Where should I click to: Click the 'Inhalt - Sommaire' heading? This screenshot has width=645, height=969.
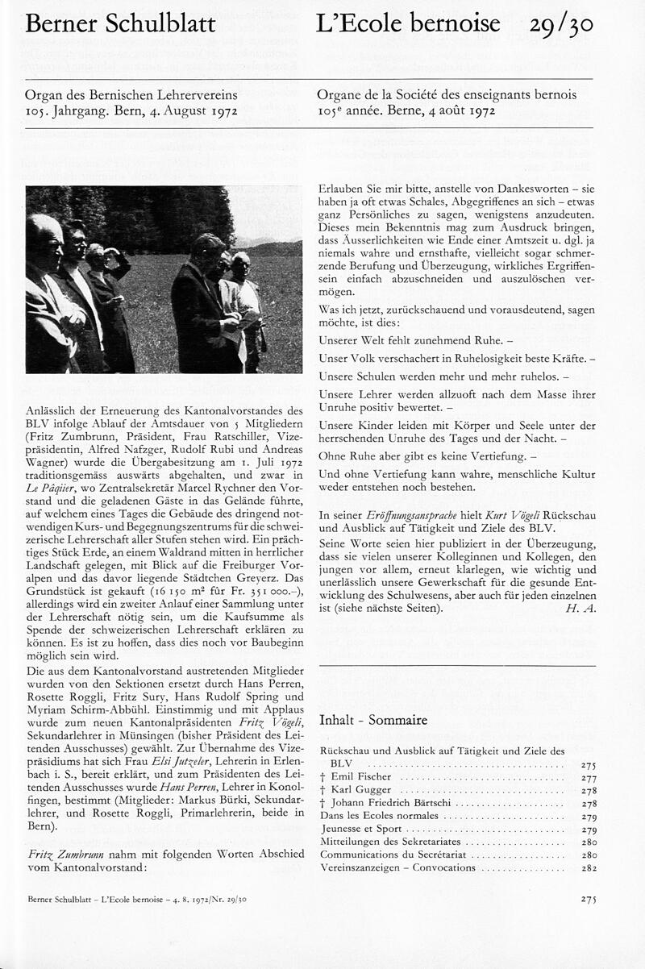373,720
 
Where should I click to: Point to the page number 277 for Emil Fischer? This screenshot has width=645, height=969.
589,776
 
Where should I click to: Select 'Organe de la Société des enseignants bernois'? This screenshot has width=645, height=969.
447,95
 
